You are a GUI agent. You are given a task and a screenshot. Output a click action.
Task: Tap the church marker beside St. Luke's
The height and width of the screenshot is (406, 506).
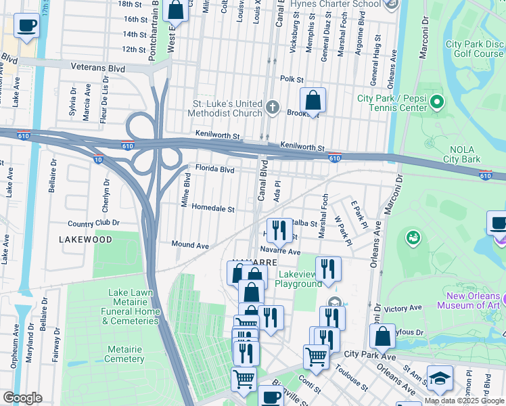click(272, 108)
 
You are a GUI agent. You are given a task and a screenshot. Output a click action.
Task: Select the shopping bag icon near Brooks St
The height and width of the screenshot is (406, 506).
click(313, 101)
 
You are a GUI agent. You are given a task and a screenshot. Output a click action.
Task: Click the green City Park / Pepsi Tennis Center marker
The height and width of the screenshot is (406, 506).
click(436, 103)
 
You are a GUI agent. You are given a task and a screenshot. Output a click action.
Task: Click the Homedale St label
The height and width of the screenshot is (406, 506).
click(212, 209)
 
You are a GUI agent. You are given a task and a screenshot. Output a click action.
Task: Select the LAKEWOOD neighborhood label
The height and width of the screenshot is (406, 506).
click(85, 240)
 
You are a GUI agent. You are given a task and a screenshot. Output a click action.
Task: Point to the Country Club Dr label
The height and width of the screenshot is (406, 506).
click(93, 223)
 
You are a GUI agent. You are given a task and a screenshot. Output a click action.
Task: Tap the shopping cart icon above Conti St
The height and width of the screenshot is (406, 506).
click(316, 357)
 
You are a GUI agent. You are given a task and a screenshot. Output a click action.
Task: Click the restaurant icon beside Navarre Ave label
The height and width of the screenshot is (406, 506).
click(328, 268)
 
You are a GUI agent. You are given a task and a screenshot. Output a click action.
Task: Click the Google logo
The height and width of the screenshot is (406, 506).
click(22, 398)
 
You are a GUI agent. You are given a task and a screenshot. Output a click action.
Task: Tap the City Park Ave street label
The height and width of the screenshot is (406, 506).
click(370, 354)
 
